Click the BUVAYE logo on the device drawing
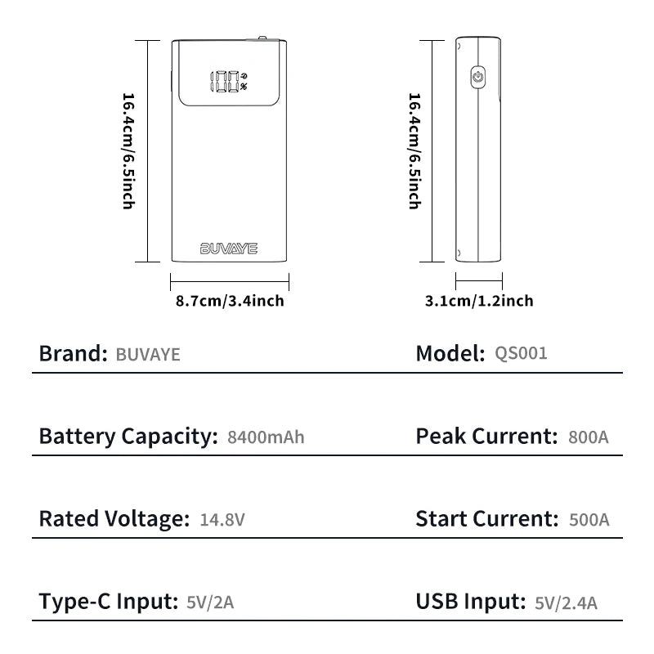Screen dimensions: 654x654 [x=229, y=248]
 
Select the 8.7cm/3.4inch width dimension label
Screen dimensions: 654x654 [x=230, y=301]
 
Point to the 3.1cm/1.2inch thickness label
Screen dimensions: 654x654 [x=479, y=301]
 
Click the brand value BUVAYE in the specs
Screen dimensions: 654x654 [x=148, y=355]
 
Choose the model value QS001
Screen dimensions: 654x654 [x=521, y=353]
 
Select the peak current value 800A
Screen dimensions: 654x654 [x=588, y=437]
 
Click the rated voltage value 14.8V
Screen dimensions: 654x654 [x=222, y=519]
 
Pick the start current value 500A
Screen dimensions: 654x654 [x=589, y=519]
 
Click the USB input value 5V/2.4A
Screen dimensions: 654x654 [x=567, y=603]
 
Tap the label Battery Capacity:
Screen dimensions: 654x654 [x=128, y=437]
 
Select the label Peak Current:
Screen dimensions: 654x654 [x=486, y=436]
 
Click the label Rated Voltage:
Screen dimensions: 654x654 [x=114, y=518]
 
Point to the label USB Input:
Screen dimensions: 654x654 [x=470, y=602]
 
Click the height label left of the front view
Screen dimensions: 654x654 [x=128, y=151]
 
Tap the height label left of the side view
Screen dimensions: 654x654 [x=414, y=151]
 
